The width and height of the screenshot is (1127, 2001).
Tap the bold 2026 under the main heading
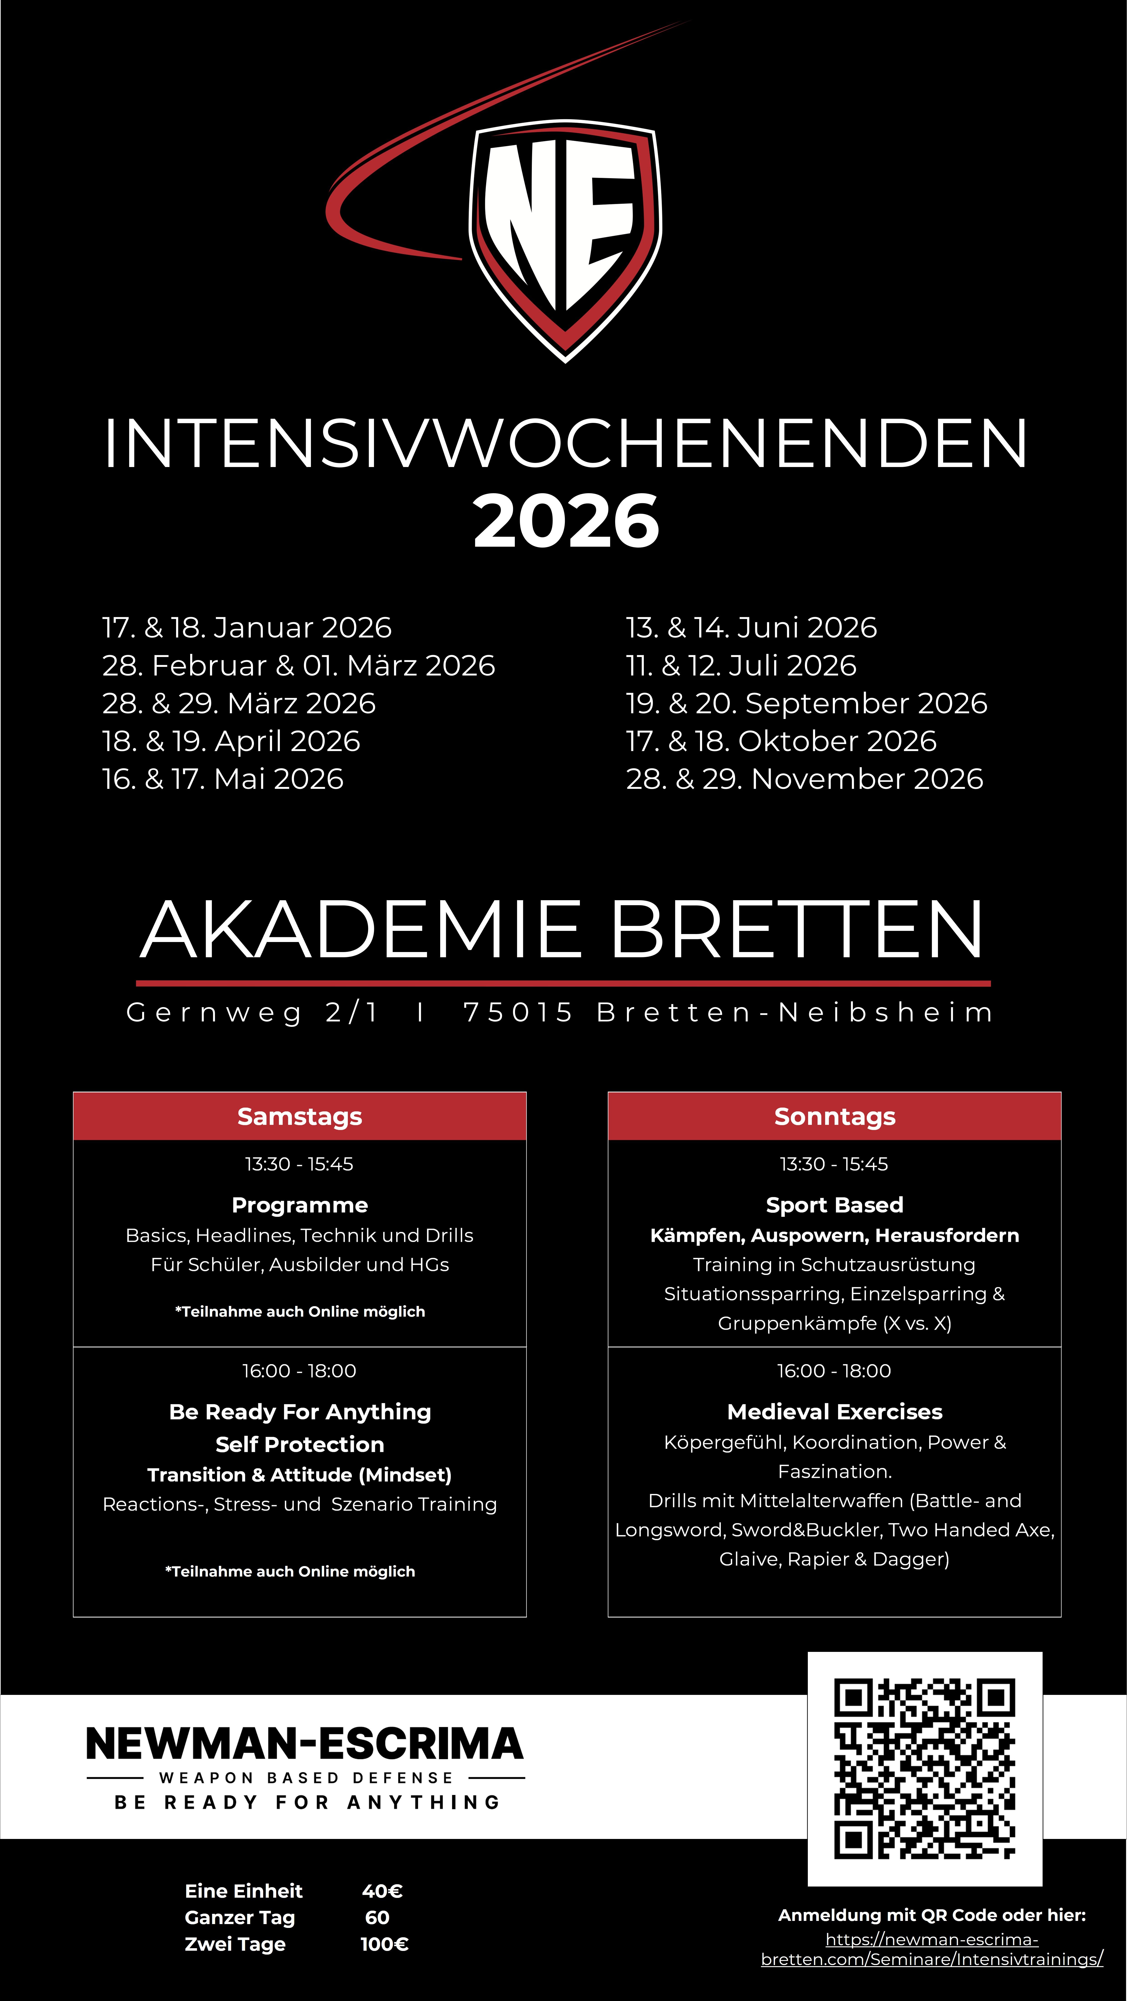pos(566,521)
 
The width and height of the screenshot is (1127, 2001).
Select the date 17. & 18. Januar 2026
pos(247,628)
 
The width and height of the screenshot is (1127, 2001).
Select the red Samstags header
pos(300,1116)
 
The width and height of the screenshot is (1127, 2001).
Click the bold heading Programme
pos(300,1205)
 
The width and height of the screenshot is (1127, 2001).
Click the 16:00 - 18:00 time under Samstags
pos(300,1371)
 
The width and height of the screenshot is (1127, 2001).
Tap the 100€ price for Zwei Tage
pos(384,1944)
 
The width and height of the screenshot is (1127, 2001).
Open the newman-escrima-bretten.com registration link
pos(932,1950)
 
